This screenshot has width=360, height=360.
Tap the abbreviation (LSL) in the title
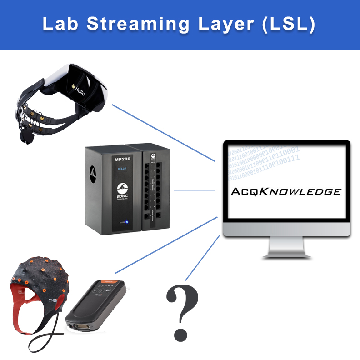click(x=286, y=25)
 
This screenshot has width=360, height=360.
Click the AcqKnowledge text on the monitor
click(x=286, y=191)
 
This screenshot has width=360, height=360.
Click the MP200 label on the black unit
click(x=119, y=160)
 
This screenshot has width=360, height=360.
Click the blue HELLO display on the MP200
click(x=122, y=169)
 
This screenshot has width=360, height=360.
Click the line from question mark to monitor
click(x=202, y=259)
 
